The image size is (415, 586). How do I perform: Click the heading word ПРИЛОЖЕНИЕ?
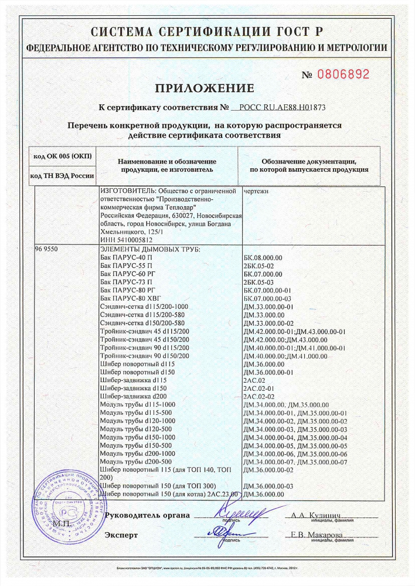coord(205,88)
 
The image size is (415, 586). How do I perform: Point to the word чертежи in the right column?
coord(256,191)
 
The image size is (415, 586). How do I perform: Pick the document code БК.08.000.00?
coord(262,257)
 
